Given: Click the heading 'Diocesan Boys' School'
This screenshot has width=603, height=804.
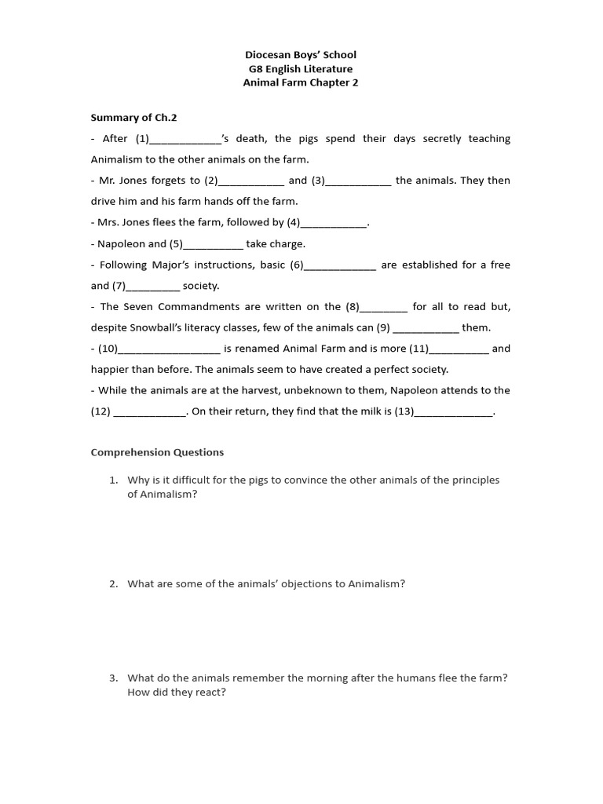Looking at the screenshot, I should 301,55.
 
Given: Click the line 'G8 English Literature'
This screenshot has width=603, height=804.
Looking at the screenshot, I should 301,69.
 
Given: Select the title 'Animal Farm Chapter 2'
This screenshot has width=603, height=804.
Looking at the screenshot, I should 301,83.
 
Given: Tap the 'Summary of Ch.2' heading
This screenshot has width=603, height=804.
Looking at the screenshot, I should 133,118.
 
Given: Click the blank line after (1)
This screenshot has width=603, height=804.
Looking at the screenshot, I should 185,141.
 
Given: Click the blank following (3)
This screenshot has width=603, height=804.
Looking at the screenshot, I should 358,182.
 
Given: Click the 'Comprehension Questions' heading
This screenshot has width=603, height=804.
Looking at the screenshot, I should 157,452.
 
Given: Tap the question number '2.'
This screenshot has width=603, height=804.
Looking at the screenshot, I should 114,584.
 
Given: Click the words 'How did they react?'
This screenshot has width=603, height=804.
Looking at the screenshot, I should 177,693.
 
